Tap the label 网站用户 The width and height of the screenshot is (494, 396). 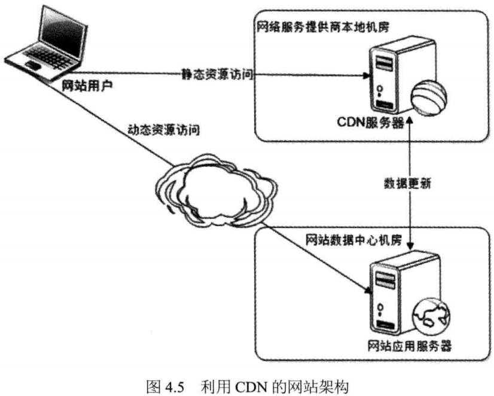point(87,86)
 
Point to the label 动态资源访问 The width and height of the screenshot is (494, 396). point(163,129)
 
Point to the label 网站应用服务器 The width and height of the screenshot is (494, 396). point(408,345)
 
